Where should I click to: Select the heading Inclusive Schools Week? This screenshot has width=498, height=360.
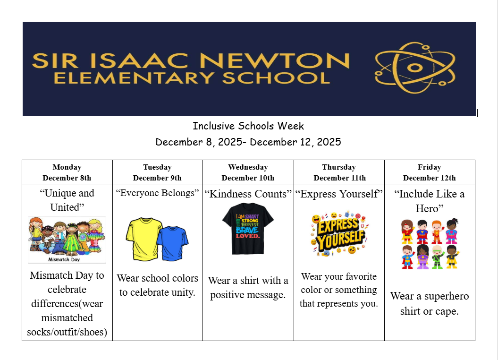coord(248,126)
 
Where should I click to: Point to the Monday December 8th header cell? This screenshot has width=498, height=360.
coord(67,172)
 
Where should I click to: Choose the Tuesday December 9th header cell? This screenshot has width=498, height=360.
coord(157,172)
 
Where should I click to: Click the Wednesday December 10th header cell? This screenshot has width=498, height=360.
coord(248,172)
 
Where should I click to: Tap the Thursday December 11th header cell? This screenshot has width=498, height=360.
coord(339,172)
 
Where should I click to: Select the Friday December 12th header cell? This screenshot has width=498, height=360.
coord(430,172)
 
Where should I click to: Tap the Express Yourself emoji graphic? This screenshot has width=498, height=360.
coord(338,235)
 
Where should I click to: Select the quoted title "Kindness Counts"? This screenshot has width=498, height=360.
coord(248,194)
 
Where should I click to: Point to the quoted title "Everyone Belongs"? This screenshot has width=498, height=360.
coord(157,193)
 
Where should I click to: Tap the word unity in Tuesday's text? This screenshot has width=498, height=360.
coord(184,292)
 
